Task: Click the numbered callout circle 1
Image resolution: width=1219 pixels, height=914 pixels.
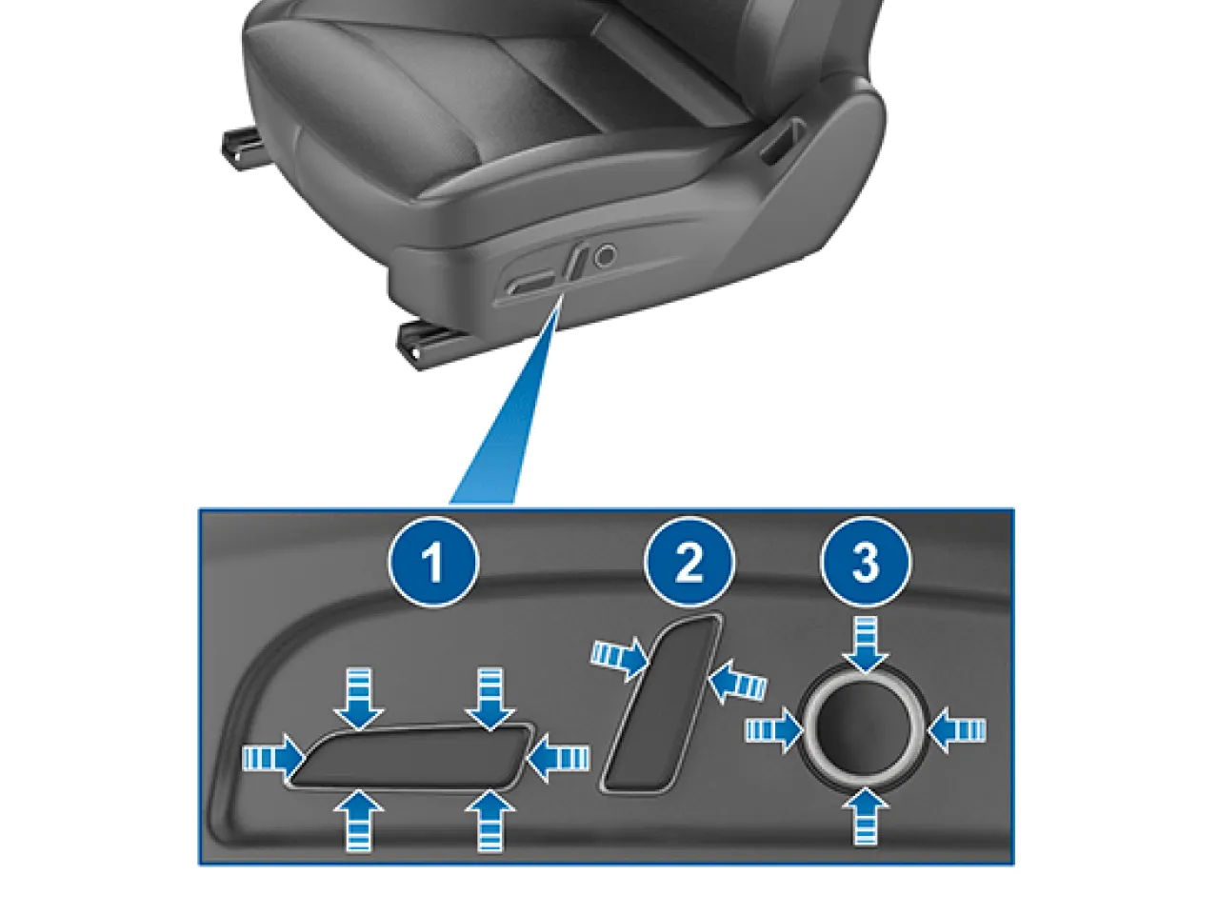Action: pos(433,562)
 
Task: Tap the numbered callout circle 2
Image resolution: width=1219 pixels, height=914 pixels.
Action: pos(689,562)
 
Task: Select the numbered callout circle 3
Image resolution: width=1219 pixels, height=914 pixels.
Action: pos(866,562)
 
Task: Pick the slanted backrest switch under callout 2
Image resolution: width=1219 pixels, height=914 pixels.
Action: pos(662,704)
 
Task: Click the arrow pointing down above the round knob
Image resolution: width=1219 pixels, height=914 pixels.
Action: pos(865,644)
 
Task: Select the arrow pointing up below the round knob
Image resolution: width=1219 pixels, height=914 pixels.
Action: pos(865,816)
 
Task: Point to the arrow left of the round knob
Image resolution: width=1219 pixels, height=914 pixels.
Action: pos(773,729)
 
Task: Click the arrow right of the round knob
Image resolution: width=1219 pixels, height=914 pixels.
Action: pos(956,729)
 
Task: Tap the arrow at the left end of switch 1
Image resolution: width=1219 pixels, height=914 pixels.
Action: pos(273,758)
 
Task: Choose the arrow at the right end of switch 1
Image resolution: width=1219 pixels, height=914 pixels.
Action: pos(557,758)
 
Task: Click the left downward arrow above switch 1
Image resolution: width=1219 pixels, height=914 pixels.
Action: pos(359,699)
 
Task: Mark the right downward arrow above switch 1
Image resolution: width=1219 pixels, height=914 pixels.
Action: pos(490,699)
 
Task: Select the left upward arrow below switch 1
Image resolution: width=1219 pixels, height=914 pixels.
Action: pos(359,820)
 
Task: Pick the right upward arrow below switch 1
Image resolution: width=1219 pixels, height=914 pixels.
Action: pos(490,820)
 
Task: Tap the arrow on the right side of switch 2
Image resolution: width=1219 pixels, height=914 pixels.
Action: pos(737,681)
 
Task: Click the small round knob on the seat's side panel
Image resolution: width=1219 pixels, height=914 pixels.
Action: pos(605,256)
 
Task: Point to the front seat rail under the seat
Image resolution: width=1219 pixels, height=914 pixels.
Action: pos(430,345)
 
